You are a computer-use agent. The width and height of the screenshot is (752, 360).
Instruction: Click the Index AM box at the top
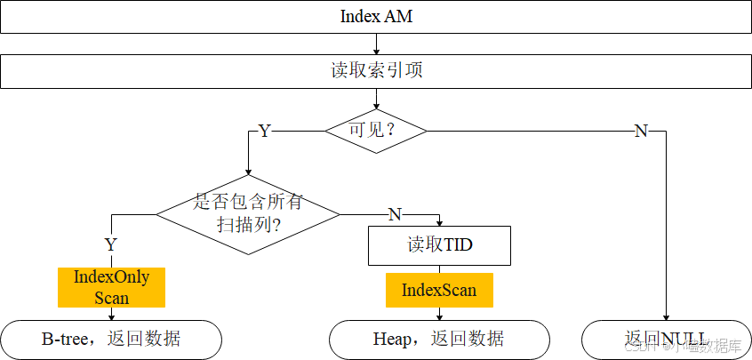click(x=376, y=17)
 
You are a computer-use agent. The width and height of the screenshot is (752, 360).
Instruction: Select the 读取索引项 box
click(x=376, y=71)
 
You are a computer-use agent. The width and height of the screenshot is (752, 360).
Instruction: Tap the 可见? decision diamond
click(x=375, y=131)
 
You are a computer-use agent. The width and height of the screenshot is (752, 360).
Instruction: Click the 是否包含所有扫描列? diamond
click(x=248, y=213)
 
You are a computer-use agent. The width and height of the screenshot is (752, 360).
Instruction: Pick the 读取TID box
click(x=439, y=245)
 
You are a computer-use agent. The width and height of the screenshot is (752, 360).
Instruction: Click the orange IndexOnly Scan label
click(x=112, y=287)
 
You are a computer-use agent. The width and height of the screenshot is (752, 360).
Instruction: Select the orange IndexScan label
click(x=439, y=290)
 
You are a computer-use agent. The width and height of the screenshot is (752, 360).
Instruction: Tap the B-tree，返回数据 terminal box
click(x=111, y=339)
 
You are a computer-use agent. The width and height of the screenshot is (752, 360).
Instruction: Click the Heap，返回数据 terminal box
click(x=439, y=339)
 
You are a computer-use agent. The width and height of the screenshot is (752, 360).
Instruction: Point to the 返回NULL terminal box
click(x=665, y=339)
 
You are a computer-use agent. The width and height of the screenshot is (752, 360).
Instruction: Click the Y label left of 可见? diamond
click(x=264, y=132)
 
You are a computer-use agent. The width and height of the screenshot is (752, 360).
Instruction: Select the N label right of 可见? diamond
click(x=640, y=132)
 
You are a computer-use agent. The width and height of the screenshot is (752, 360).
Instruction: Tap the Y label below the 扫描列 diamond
click(x=111, y=244)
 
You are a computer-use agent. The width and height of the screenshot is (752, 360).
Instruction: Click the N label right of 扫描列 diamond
click(x=395, y=214)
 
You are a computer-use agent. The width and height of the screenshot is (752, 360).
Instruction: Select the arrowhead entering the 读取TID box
click(x=439, y=222)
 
